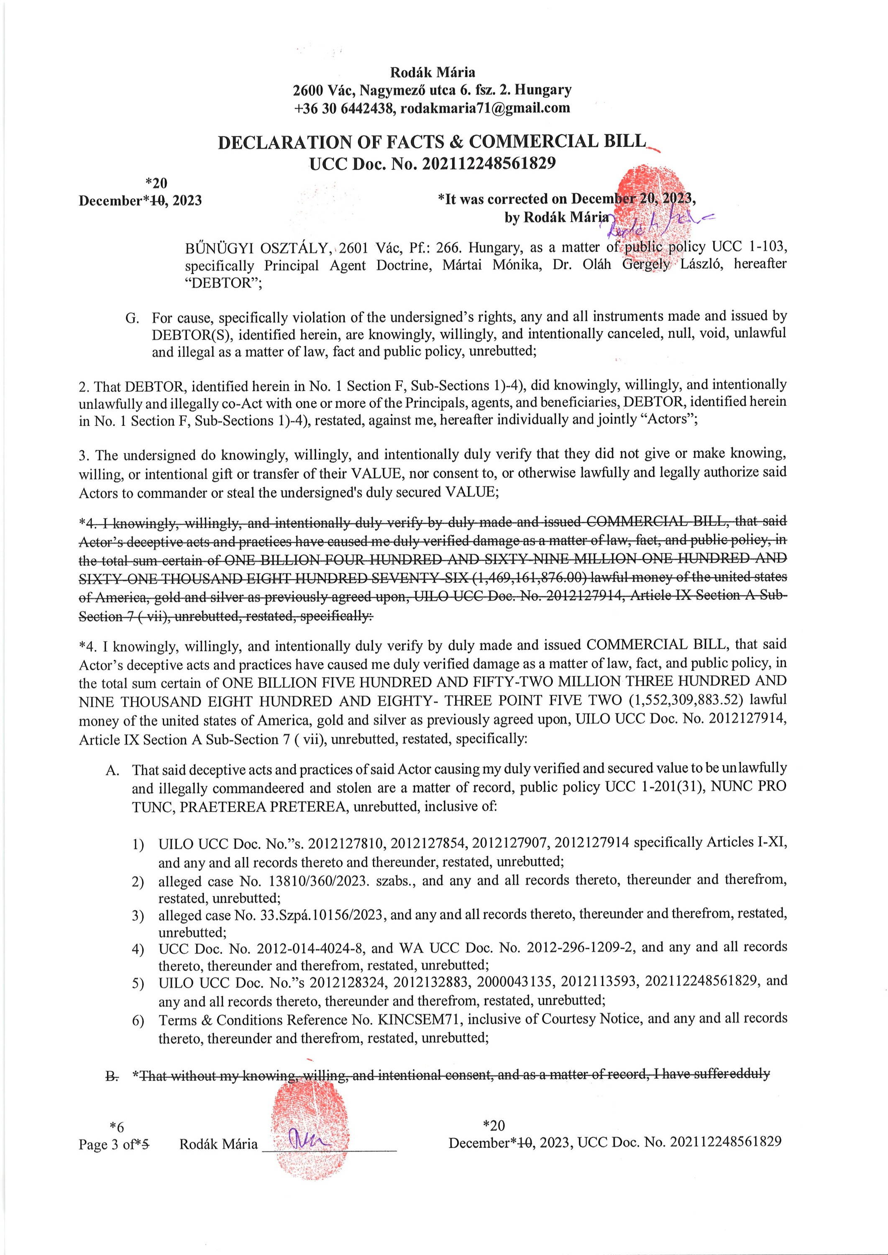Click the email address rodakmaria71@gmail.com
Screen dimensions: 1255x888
pyautogui.click(x=485, y=108)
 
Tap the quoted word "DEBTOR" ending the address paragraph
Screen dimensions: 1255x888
pyautogui.click(x=223, y=283)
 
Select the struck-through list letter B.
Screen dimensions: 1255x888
pyautogui.click(x=112, y=1077)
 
